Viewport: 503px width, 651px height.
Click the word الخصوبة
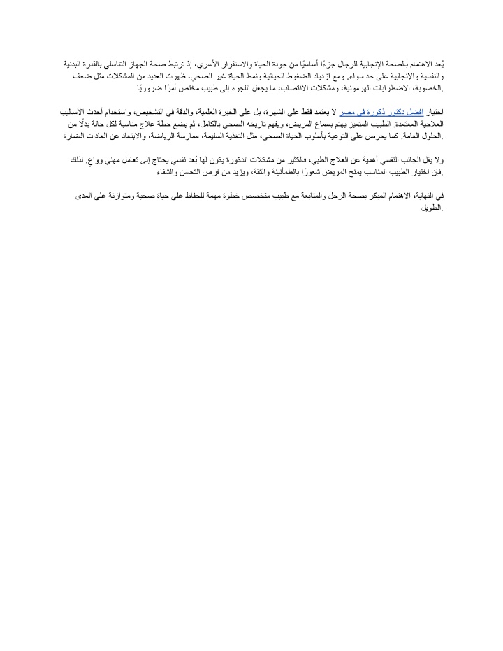coord(430,90)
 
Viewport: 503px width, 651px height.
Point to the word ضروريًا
coord(150,90)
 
